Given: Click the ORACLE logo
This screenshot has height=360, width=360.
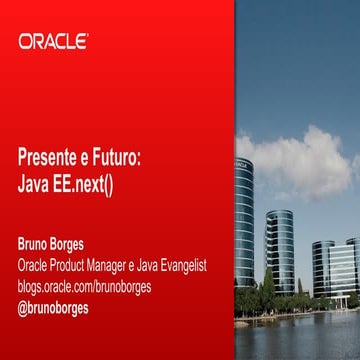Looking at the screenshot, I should click(x=53, y=42).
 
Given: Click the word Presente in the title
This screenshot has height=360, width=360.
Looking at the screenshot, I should click(x=49, y=158).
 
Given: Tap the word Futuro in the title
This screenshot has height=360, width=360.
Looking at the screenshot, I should click(x=120, y=158).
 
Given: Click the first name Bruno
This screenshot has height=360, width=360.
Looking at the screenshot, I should click(x=36, y=244).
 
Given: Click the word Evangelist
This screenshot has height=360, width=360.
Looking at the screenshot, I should click(x=200, y=265).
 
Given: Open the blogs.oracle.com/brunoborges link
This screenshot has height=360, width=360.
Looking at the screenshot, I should click(x=84, y=287).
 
